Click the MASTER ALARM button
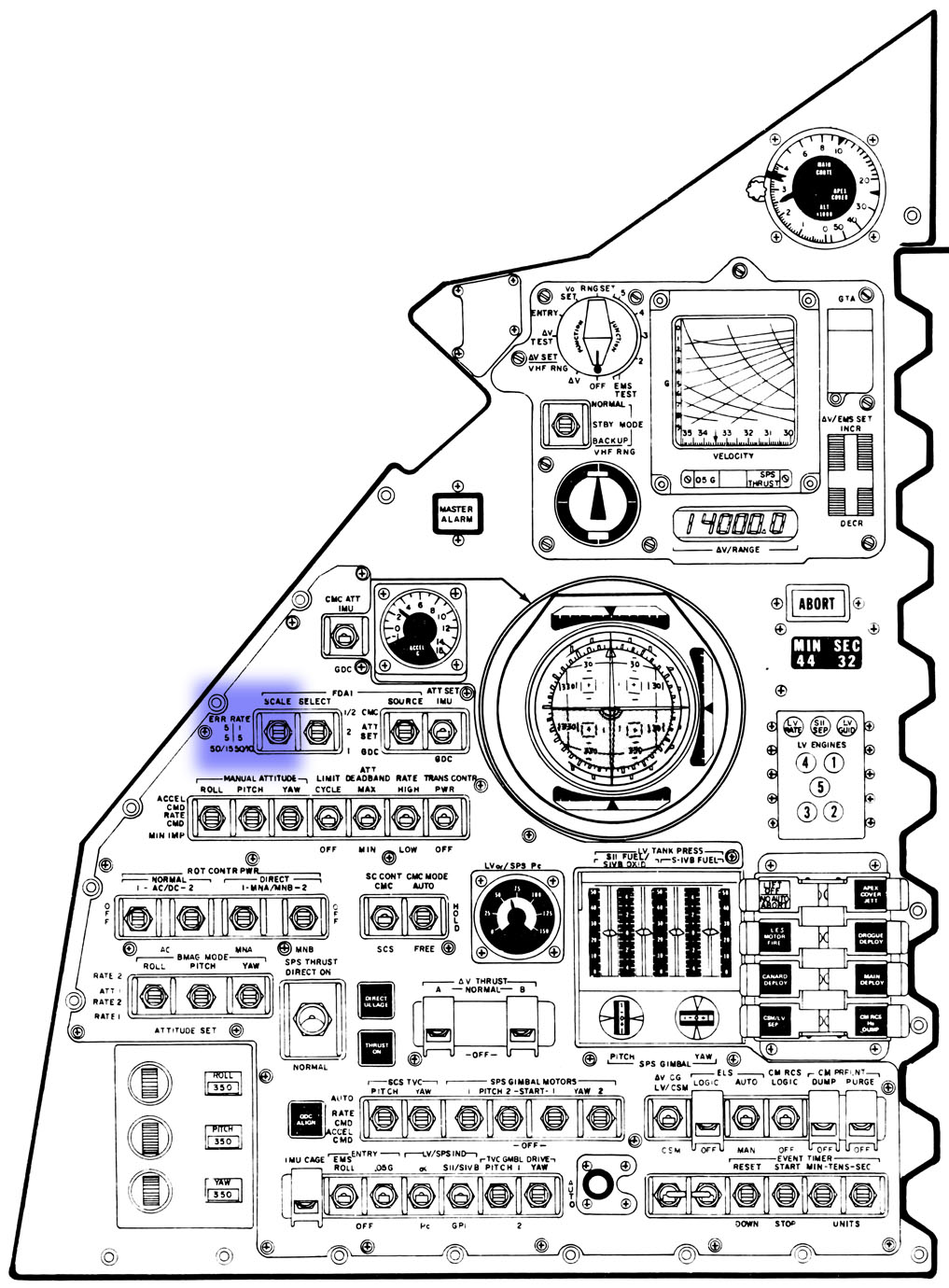point(456,512)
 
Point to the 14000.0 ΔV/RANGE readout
point(736,525)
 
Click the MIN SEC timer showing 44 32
point(827,653)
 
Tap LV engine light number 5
point(819,787)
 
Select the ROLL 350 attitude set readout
point(222,1083)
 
